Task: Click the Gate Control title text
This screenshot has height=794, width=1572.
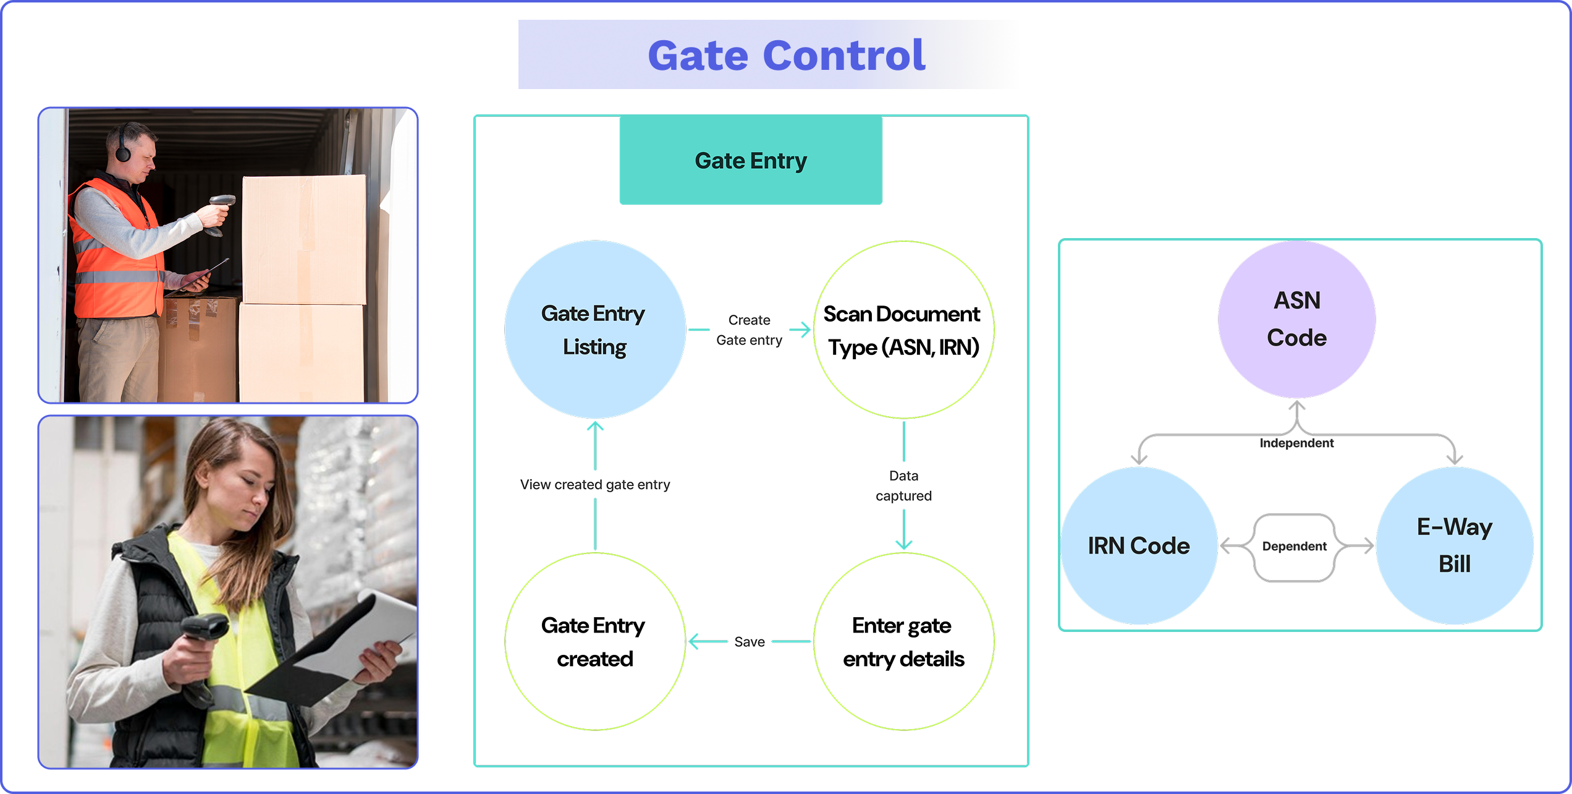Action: (786, 56)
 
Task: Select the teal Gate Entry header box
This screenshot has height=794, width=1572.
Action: (750, 161)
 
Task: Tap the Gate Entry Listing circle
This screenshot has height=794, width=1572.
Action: (594, 330)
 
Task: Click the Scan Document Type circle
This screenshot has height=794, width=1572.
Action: (903, 330)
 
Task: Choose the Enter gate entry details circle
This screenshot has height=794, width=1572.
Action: (903, 641)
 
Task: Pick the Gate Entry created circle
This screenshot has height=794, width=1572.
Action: (594, 641)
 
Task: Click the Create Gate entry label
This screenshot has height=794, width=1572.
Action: (749, 330)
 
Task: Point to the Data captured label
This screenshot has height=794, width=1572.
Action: (903, 485)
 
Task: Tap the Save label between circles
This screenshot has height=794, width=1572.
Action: (749, 642)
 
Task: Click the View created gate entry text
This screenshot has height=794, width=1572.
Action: (594, 485)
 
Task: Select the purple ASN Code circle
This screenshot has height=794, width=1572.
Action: (1296, 319)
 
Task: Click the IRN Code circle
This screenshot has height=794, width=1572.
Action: (1138, 545)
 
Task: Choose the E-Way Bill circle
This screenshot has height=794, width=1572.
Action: (1455, 545)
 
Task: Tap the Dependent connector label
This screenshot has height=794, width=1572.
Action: (1294, 547)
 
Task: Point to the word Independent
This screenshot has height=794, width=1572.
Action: (1296, 443)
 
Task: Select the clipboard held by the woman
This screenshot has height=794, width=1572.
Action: (346, 655)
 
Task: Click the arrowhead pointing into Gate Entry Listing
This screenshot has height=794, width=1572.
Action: (594, 427)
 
